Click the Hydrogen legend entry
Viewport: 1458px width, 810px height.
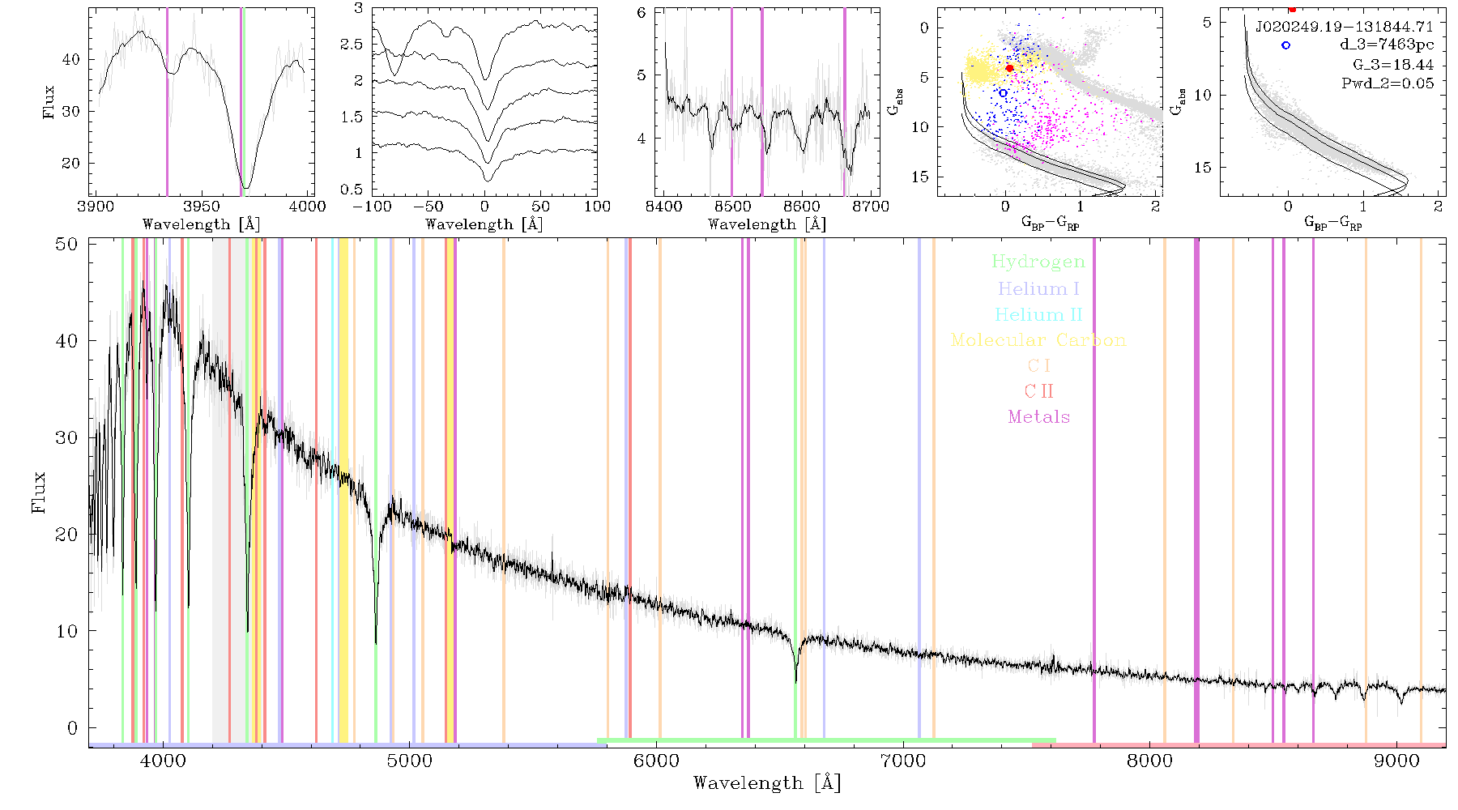tap(1038, 262)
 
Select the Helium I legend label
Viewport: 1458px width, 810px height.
tap(1038, 288)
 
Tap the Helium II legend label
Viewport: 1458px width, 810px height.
tap(1038, 314)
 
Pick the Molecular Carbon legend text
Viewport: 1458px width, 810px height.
tap(1038, 340)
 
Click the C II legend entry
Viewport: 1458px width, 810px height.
tap(1038, 391)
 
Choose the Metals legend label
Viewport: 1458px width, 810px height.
tap(1038, 417)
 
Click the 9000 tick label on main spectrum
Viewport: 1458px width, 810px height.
tap(1396, 761)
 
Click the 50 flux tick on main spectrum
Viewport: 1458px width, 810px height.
tap(66, 244)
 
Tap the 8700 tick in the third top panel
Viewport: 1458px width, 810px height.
tap(872, 207)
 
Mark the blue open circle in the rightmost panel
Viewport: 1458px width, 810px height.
tap(1285, 45)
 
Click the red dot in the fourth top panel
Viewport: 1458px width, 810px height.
tap(1009, 68)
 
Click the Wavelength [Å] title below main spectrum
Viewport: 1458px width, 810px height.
tap(767, 783)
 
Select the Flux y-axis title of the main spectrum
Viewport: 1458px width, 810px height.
tap(38, 492)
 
